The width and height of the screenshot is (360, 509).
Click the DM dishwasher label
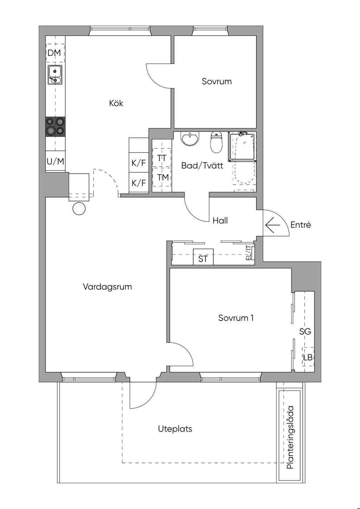pos(54,53)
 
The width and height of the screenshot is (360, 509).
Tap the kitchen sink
pos(55,75)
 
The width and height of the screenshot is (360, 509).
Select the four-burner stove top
pos(56,127)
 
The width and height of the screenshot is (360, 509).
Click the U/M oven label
pos(55,162)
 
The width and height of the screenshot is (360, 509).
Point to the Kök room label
pos(116,103)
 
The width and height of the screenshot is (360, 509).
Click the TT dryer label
pos(162,158)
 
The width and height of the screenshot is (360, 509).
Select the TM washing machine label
pos(163,177)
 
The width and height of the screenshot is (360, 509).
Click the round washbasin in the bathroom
pos(190,139)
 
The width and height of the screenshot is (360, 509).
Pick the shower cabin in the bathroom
pos(242,147)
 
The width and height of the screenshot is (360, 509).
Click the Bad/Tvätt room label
pos(202,166)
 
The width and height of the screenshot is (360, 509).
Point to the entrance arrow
pos(272,225)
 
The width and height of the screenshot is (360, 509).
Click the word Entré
pos(301,225)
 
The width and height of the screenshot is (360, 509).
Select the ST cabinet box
pos(203,257)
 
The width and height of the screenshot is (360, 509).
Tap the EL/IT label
pos(249,253)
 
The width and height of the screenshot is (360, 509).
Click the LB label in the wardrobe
pos(308,357)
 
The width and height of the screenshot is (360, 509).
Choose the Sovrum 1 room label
pos(236,318)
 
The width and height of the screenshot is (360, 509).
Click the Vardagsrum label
pos(107,286)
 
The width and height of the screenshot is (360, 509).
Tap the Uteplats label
pos(175,429)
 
